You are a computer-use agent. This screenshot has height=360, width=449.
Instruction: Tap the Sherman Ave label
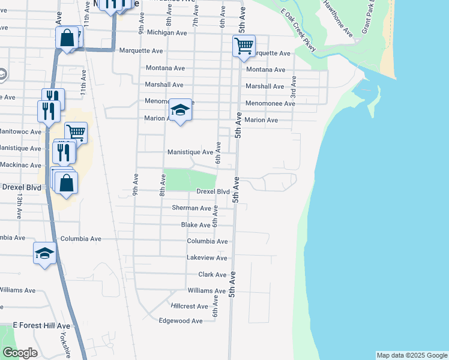point(191,208)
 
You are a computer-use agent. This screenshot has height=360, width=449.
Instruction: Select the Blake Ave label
point(196,225)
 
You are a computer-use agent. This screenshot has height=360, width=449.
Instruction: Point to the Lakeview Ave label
point(207,258)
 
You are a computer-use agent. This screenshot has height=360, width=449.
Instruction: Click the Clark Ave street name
point(212,275)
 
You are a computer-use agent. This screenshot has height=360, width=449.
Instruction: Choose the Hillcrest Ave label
point(190,306)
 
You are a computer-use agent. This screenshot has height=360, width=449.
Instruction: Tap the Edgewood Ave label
point(180,321)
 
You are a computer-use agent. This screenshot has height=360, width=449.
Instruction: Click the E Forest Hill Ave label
point(41,325)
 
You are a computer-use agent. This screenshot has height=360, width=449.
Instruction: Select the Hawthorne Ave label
point(338,19)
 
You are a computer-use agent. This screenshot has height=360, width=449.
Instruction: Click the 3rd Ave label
point(294,87)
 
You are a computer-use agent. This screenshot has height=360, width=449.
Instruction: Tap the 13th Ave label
point(20,205)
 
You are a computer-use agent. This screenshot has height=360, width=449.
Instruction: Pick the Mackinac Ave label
point(20,165)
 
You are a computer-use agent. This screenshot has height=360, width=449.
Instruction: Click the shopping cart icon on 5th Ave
point(244,46)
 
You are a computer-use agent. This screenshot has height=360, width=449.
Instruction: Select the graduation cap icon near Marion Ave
point(180,109)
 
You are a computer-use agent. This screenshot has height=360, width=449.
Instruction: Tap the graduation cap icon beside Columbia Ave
point(44,253)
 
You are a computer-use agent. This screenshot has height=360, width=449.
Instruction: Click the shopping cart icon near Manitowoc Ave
point(76,132)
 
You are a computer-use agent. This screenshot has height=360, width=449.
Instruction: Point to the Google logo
point(20,353)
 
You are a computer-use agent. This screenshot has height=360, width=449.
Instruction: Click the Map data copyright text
point(412,355)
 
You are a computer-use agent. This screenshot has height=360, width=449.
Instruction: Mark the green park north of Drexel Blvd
point(190,179)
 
